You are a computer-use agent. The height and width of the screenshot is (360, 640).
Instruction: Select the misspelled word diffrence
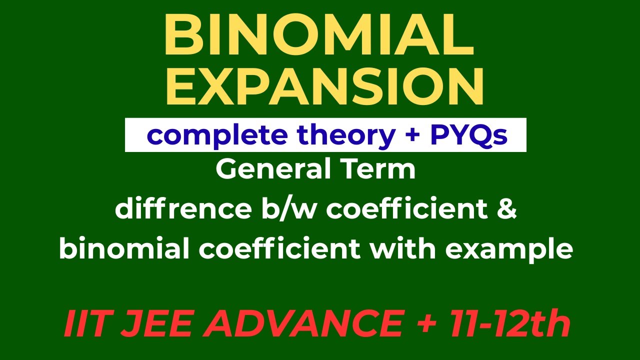[x=178, y=209]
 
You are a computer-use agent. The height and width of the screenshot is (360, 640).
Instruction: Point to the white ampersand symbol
[x=507, y=209]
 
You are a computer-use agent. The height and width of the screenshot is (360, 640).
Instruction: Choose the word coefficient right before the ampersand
[x=408, y=209]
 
